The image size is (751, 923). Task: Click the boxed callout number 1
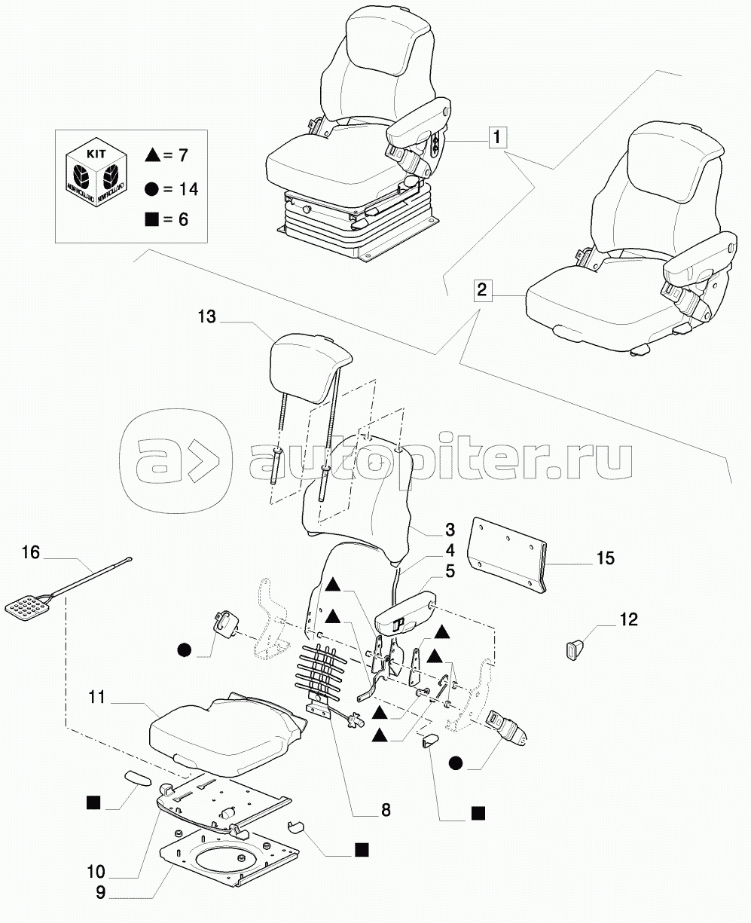pos(497,137)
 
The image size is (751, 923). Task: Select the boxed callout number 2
pos(483,289)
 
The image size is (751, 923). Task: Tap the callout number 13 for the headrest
pos(207,316)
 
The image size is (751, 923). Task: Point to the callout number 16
pos(31,552)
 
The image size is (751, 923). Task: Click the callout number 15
pos(606,558)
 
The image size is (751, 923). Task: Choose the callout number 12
pos(629,619)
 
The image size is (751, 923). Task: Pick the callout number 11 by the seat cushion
pos(97,697)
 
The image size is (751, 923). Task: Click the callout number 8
pos(386,810)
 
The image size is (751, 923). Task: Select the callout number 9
pos(100,893)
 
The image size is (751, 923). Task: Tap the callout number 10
pos(96,872)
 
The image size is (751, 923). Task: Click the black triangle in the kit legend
pos(152,155)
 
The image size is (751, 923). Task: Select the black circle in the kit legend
pos(152,189)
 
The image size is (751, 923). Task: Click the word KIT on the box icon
pos(96,154)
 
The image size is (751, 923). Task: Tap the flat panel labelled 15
pos(507,555)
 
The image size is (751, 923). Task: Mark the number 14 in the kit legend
pos(188,189)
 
